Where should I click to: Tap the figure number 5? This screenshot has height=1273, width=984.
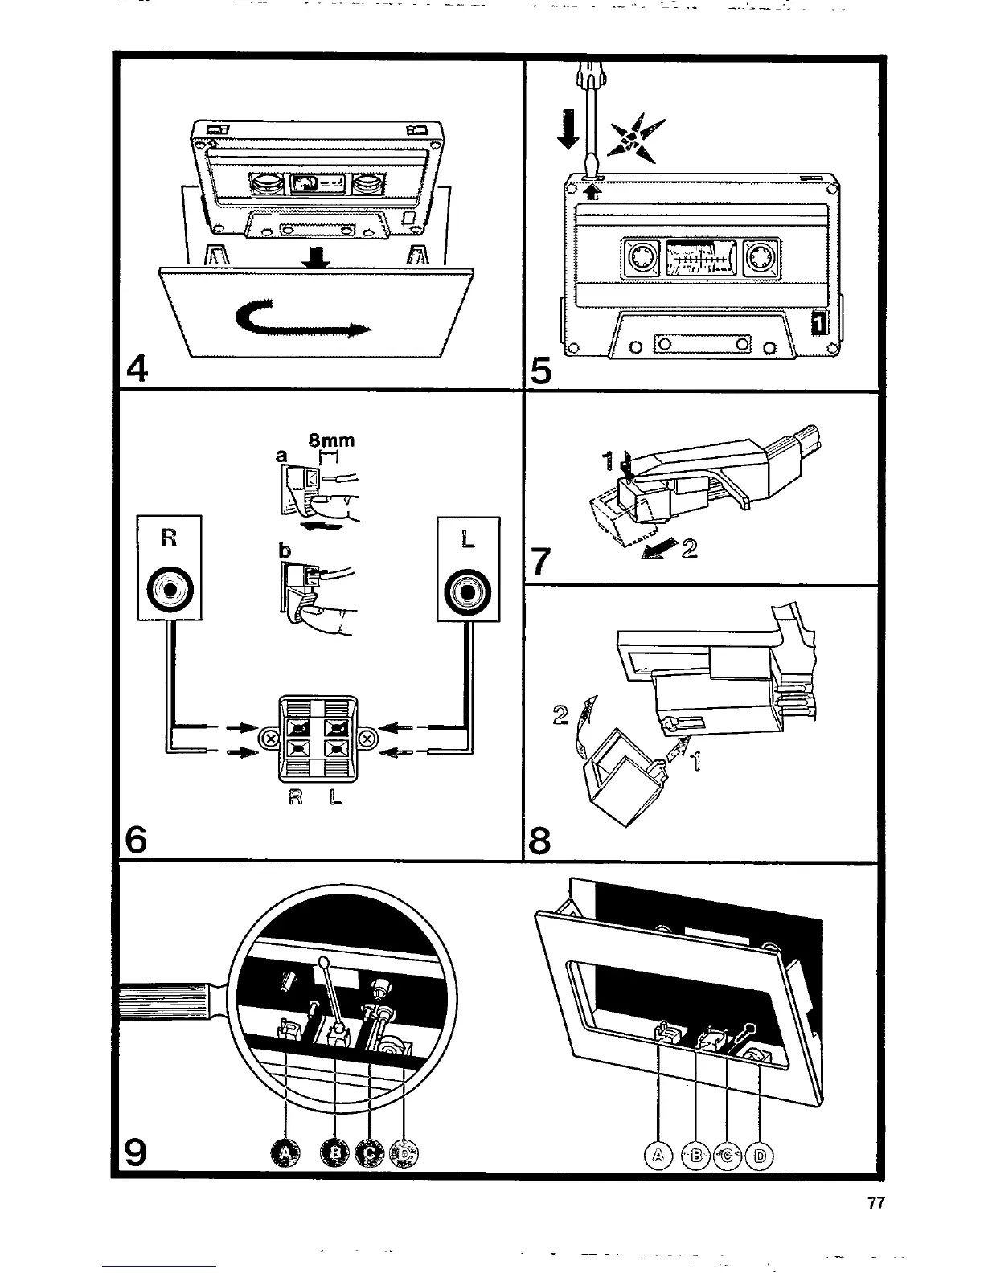point(542,372)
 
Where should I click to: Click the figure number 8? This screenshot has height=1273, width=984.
point(541,841)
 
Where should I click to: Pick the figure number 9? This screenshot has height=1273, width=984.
point(136,1153)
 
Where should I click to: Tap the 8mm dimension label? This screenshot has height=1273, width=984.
point(332,440)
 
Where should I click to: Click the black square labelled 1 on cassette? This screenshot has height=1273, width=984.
point(818,323)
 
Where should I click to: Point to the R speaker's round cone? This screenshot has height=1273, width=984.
point(169,591)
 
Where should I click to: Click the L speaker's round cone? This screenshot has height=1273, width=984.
point(468,591)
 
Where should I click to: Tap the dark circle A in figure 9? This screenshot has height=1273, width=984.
point(285,1154)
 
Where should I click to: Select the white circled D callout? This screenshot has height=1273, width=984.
point(760,1156)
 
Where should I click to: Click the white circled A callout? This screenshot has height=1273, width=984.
point(658,1156)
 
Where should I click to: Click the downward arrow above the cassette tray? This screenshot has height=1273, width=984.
point(319,258)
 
